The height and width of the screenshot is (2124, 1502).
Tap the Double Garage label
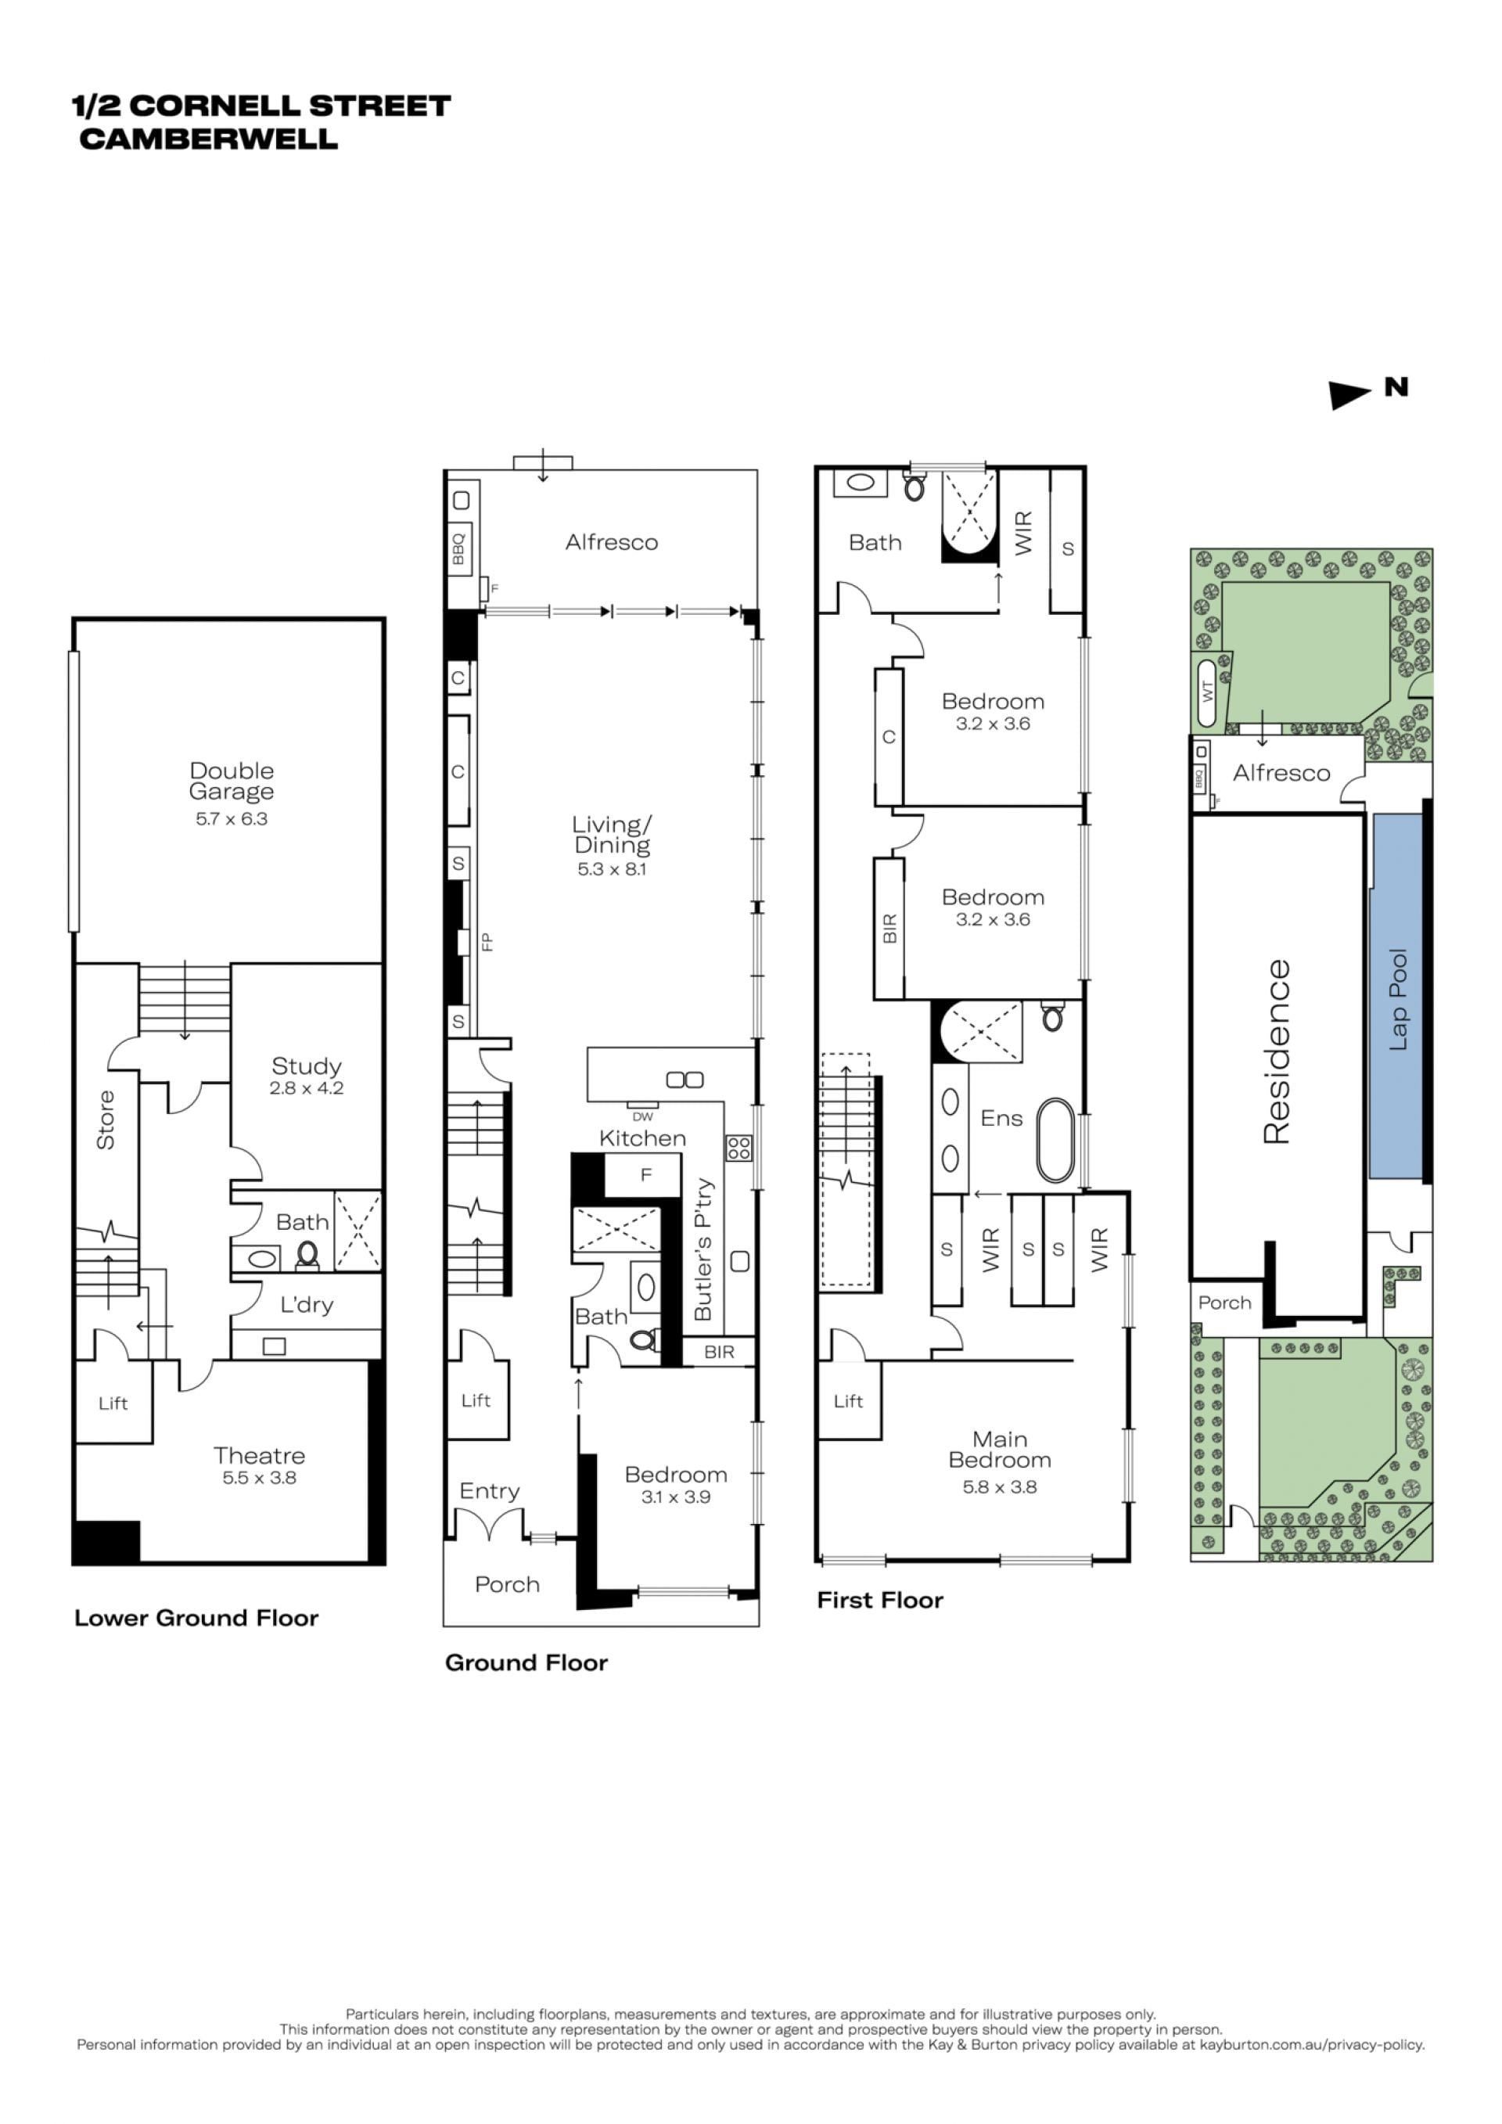pyautogui.click(x=232, y=781)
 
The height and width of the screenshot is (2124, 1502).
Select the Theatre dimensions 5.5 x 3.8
pyautogui.click(x=259, y=1477)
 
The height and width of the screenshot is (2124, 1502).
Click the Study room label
pyautogui.click(x=306, y=1066)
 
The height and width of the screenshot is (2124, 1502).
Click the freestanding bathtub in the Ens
pyautogui.click(x=1055, y=1141)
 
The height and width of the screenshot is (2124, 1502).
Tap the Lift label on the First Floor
pyautogui.click(x=848, y=1401)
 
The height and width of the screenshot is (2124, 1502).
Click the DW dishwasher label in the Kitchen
pyautogui.click(x=643, y=1116)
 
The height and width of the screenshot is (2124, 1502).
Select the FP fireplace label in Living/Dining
pyautogui.click(x=487, y=942)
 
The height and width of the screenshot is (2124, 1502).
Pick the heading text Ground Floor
pyautogui.click(x=526, y=1662)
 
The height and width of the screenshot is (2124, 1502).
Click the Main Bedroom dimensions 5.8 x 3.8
pyautogui.click(x=1000, y=1486)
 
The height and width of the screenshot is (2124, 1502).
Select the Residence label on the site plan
pyautogui.click(x=1277, y=1051)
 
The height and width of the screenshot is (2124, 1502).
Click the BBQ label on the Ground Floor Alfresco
pyautogui.click(x=458, y=548)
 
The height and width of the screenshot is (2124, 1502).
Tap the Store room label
pyautogui.click(x=106, y=1120)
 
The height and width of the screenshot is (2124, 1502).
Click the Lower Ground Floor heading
pyautogui.click(x=196, y=1618)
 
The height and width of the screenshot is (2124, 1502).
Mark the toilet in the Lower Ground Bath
pyautogui.click(x=307, y=1254)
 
